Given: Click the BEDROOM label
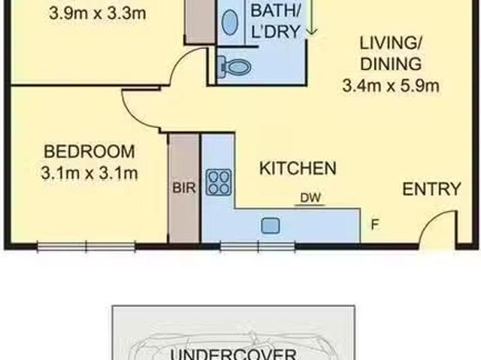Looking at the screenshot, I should coord(89,151).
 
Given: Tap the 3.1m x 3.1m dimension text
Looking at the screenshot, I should coord(89,174).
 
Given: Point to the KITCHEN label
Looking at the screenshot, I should coord(298,168).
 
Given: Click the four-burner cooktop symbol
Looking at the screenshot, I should coord(219,181).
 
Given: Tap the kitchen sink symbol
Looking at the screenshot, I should coord(271,225).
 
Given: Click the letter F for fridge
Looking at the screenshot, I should coord(374,223).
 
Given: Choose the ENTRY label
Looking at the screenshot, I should coord(431,189).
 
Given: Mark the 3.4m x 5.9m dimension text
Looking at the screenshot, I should coord(390,86).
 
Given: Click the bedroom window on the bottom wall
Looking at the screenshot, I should coord(86,245).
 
